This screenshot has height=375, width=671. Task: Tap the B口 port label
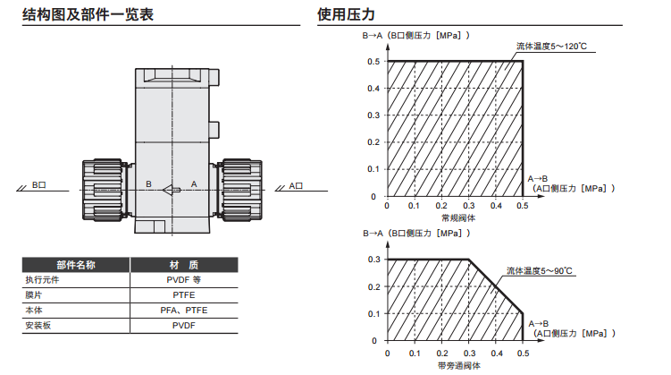(38, 184)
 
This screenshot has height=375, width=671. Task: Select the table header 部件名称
(76, 265)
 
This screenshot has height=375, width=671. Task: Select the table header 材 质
(183, 265)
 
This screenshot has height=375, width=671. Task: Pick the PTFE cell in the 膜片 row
(183, 294)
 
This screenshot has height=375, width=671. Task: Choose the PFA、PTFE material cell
(183, 310)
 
